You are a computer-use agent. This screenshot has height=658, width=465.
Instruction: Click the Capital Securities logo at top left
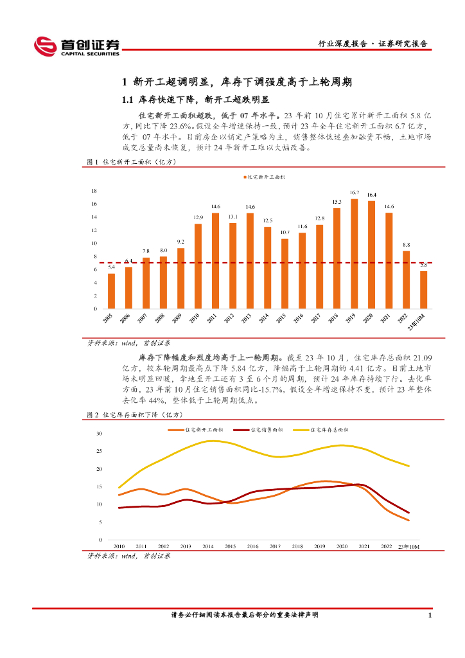[76, 46]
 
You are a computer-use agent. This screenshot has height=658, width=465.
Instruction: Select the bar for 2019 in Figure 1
[354, 254]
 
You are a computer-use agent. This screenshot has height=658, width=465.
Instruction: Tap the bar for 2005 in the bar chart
[111, 291]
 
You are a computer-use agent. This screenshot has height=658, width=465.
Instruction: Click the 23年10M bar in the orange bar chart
[423, 290]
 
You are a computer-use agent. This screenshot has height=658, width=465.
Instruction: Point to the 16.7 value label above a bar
[354, 193]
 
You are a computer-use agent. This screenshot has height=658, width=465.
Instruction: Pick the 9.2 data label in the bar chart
[180, 242]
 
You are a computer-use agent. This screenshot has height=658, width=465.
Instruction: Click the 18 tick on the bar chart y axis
[94, 191]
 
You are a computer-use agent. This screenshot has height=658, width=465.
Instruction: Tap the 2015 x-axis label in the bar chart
[281, 318]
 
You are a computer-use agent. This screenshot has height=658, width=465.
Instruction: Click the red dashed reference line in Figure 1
[257, 262]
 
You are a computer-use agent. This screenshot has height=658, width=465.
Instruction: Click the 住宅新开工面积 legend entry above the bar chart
[265, 176]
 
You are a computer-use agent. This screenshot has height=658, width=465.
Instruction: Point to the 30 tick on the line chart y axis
[100, 434]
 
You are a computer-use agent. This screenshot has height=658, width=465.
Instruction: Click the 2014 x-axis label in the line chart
[207, 546]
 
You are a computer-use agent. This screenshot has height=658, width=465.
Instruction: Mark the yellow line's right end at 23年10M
[409, 466]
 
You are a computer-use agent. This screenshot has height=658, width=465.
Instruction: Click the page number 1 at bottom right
[429, 615]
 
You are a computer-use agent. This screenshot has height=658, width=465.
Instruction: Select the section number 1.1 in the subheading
[127, 100]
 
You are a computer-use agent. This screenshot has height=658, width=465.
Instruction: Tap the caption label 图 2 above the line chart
[92, 415]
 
